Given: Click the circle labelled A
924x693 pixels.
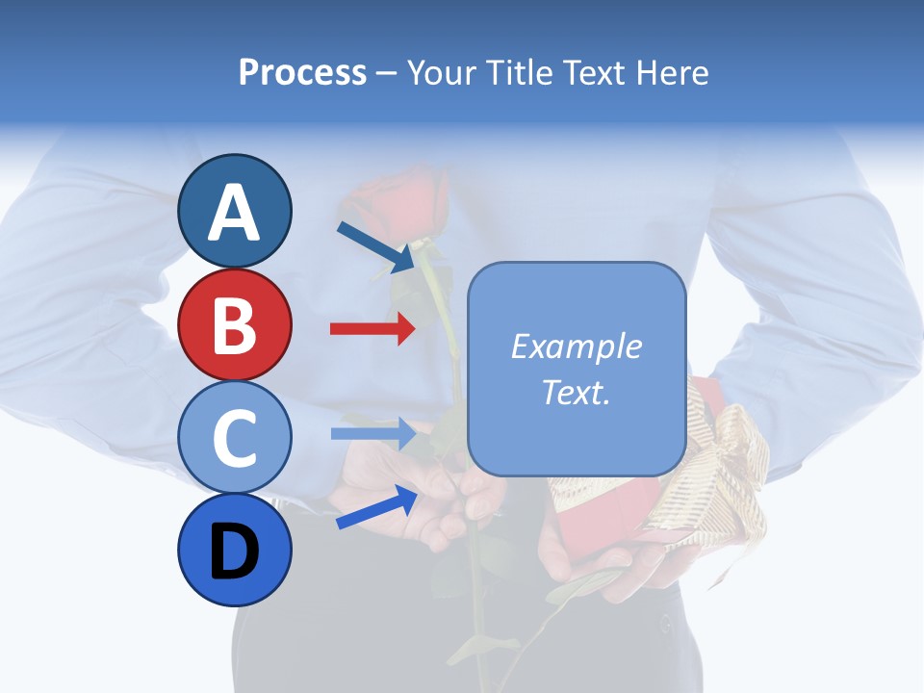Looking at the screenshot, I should [235, 211].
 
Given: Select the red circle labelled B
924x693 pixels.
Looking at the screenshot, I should [235, 324].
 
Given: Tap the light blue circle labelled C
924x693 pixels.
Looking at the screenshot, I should [235, 437].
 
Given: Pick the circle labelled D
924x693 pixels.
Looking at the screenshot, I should [235, 551].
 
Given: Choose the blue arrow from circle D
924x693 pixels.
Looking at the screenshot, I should [376, 507].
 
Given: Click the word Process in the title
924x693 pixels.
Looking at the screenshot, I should [302, 72].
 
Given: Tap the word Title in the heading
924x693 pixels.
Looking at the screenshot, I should [512, 72].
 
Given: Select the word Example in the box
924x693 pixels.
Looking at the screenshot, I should [576, 346].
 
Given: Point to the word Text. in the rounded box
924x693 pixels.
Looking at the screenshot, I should [576, 392].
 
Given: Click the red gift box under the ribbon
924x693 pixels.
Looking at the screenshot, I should [602, 525].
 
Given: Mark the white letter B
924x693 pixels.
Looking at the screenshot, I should [235, 325].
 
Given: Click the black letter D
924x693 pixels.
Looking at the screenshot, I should [235, 552].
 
